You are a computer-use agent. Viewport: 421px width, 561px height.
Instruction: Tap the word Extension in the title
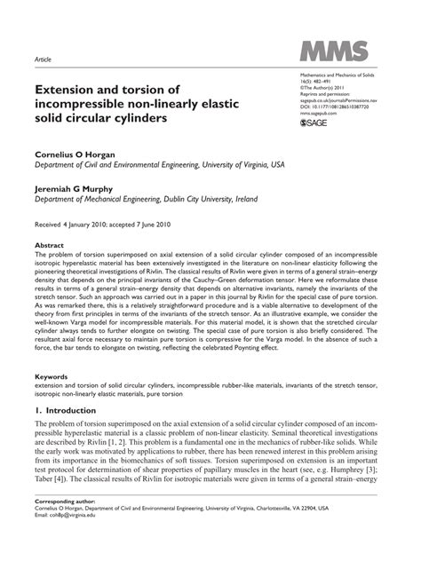tap(72, 91)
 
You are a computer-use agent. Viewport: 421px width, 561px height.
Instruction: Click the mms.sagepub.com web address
tap(320, 114)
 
